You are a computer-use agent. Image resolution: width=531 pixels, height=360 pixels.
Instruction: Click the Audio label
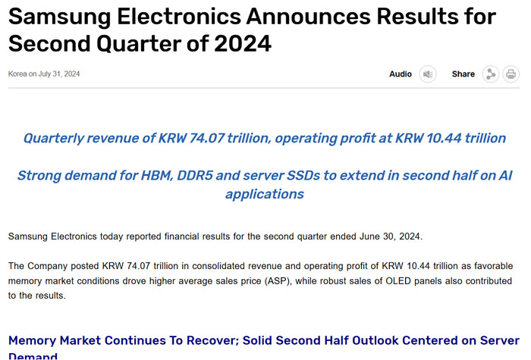[x=401, y=74]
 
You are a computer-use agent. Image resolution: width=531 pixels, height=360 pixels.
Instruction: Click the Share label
[x=463, y=74]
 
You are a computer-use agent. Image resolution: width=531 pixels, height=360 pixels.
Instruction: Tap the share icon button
[x=491, y=74]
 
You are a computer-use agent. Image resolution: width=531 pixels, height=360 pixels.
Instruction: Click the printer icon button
[x=511, y=74]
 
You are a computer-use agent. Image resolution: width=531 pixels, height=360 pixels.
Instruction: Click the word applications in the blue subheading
[x=265, y=194]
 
